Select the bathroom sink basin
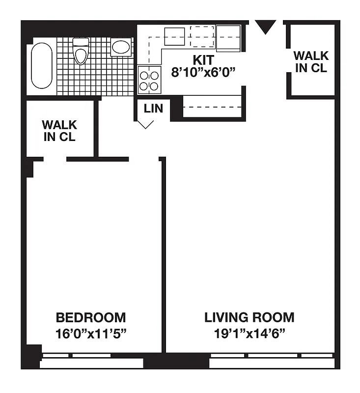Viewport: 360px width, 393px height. pos(120,48)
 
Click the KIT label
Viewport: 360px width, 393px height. pos(203,60)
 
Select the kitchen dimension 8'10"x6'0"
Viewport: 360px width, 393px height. pos(203,73)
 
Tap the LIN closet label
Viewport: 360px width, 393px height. pos(153,108)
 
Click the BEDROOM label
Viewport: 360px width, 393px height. pos(91,317)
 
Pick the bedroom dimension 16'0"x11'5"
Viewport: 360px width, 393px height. pos(91,334)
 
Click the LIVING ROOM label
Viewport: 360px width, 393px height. pos(249,317)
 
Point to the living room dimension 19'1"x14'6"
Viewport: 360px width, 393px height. pos(249,334)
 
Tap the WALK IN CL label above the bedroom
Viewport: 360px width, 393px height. pos(59,131)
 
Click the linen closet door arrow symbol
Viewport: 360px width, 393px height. pos(144,123)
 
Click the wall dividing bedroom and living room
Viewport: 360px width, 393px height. pos(163,255)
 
